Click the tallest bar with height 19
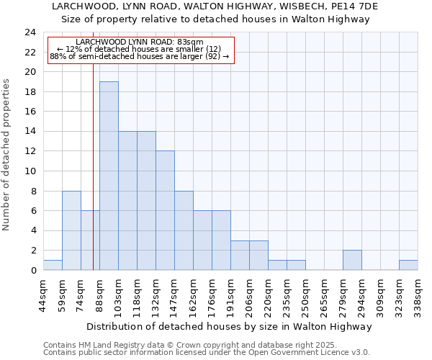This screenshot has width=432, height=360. click(109, 176)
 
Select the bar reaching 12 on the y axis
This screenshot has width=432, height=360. click(165, 210)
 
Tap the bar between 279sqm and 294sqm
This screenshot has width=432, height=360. click(352, 260)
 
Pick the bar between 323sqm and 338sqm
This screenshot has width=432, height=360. click(408, 265)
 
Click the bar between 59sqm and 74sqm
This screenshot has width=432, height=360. click(71, 230)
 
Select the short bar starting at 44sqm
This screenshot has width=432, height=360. click(53, 265)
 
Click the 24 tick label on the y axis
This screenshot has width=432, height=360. click(30, 32)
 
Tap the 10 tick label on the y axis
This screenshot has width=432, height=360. click(30, 171)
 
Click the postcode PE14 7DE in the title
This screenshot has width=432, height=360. click(364, 6)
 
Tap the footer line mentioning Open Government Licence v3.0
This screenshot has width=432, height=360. click(206, 353)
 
